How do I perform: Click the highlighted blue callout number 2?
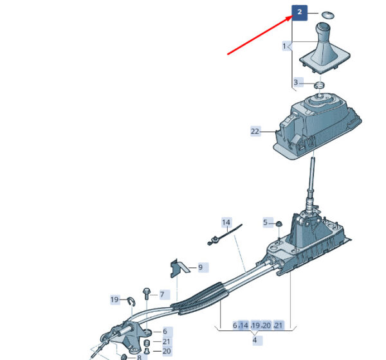pyautogui.click(x=300, y=13)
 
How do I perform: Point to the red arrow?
pyautogui.click(x=260, y=35)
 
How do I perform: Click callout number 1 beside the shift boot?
pyautogui.click(x=284, y=46)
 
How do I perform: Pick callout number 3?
pyautogui.click(x=296, y=82)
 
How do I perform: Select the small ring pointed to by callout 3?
pyautogui.click(x=319, y=85)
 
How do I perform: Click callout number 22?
pyautogui.click(x=255, y=131)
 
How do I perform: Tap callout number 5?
pyautogui.click(x=265, y=222)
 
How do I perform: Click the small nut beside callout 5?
pyautogui.click(x=279, y=224)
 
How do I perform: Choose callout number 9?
pyautogui.click(x=200, y=267)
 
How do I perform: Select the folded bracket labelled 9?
pyautogui.click(x=179, y=268)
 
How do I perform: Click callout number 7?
pyautogui.click(x=161, y=294)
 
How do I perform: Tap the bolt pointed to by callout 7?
pyautogui.click(x=146, y=293)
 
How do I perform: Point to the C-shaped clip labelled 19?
pyautogui.click(x=131, y=301)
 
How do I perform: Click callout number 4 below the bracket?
pyautogui.click(x=255, y=340)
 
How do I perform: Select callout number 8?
pyautogui.click(x=139, y=357)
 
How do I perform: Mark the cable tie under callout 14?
pyautogui.click(x=225, y=235)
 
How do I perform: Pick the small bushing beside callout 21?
pyautogui.click(x=147, y=343)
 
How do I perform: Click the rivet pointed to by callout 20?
pyautogui.click(x=147, y=351)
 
